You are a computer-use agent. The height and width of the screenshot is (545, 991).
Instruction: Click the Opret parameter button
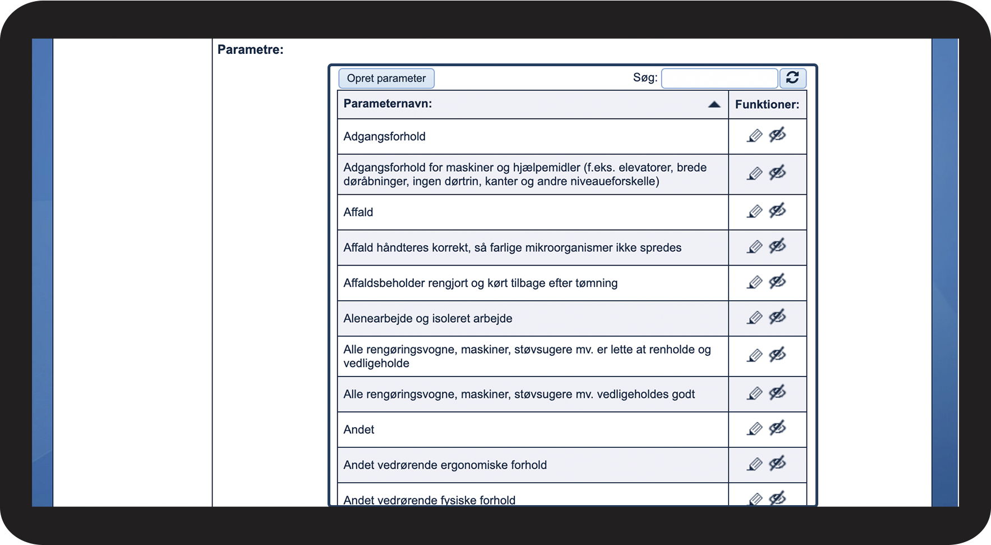coord(386,78)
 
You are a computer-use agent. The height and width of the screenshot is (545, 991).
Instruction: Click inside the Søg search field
coord(719,79)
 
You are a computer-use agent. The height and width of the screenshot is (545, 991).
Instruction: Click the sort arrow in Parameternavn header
coord(714,104)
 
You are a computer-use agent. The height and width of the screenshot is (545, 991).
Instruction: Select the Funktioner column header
coord(767,104)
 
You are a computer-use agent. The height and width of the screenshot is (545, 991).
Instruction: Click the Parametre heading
coord(250,49)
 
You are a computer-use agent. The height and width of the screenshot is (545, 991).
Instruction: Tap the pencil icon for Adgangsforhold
coord(755,136)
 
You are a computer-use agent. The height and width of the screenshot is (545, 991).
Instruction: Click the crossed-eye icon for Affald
coord(777,211)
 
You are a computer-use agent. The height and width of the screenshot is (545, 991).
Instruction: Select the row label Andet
coord(359,429)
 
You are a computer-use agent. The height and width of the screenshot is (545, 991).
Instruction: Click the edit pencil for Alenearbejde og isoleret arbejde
coord(755,318)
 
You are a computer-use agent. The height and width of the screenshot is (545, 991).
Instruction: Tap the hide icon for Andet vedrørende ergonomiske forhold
coord(777,464)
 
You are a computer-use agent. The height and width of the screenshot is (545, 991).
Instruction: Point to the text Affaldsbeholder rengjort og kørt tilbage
coord(480,283)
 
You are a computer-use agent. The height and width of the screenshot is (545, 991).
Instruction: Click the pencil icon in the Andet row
coord(755,429)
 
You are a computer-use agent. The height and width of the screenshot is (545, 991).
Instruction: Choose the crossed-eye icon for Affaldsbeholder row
coord(777,282)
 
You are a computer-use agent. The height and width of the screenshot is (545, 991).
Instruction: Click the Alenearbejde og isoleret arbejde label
coord(427,318)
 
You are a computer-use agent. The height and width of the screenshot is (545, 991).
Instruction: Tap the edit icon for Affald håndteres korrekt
coord(755,247)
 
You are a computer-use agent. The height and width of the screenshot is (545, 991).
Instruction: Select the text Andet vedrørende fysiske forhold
coord(429,500)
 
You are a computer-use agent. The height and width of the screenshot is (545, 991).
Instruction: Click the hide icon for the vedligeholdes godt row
coord(777,393)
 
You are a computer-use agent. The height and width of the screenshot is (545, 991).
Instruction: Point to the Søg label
coord(645,77)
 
